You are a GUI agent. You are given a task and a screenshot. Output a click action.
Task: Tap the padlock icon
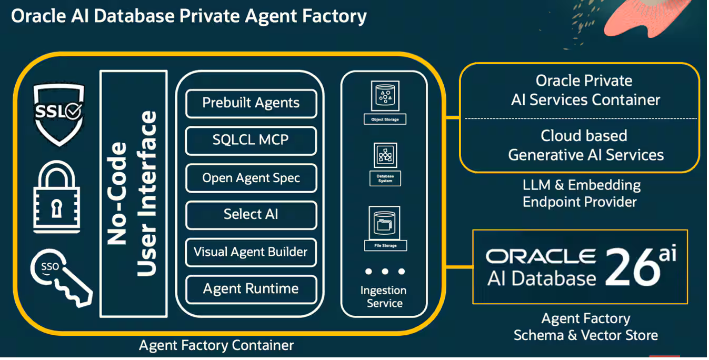57,198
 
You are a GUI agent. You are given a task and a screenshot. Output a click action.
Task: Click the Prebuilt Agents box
251,103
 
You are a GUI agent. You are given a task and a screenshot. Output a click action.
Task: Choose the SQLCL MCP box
251,141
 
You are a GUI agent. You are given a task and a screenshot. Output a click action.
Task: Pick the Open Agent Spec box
251,178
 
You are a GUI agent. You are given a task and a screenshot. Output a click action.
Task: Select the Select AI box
251,215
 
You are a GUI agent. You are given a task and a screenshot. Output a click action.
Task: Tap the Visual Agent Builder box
251,252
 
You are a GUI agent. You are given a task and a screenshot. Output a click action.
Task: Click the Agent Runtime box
251,289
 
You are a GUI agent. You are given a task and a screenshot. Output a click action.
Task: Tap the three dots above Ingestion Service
385,272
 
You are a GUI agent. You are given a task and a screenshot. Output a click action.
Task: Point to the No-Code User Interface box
133,194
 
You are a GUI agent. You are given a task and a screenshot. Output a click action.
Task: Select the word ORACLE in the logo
541,256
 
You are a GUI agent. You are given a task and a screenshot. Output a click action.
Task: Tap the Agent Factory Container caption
216,346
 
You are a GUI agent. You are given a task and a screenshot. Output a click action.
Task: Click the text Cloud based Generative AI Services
585,145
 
